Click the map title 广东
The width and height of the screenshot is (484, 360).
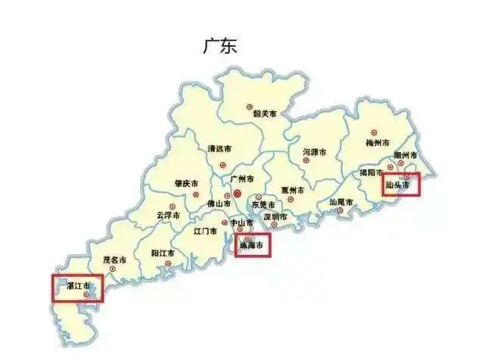click(x=219, y=45)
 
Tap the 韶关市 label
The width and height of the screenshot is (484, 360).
click(x=264, y=115)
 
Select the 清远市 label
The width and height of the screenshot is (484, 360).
click(x=219, y=149)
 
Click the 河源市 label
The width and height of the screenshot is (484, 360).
click(x=314, y=153)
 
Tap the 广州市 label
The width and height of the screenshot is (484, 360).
click(x=243, y=179)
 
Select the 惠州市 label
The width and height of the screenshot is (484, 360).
click(x=293, y=191)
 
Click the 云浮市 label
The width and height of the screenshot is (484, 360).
click(x=169, y=216)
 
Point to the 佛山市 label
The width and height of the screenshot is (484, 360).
click(x=219, y=204)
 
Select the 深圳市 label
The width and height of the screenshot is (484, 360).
click(x=275, y=218)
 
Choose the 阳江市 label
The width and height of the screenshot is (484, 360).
click(x=163, y=253)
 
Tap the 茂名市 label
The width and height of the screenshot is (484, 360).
click(x=116, y=260)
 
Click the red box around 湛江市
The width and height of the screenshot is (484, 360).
click(x=76, y=288)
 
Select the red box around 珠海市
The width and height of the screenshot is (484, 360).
click(x=253, y=245)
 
